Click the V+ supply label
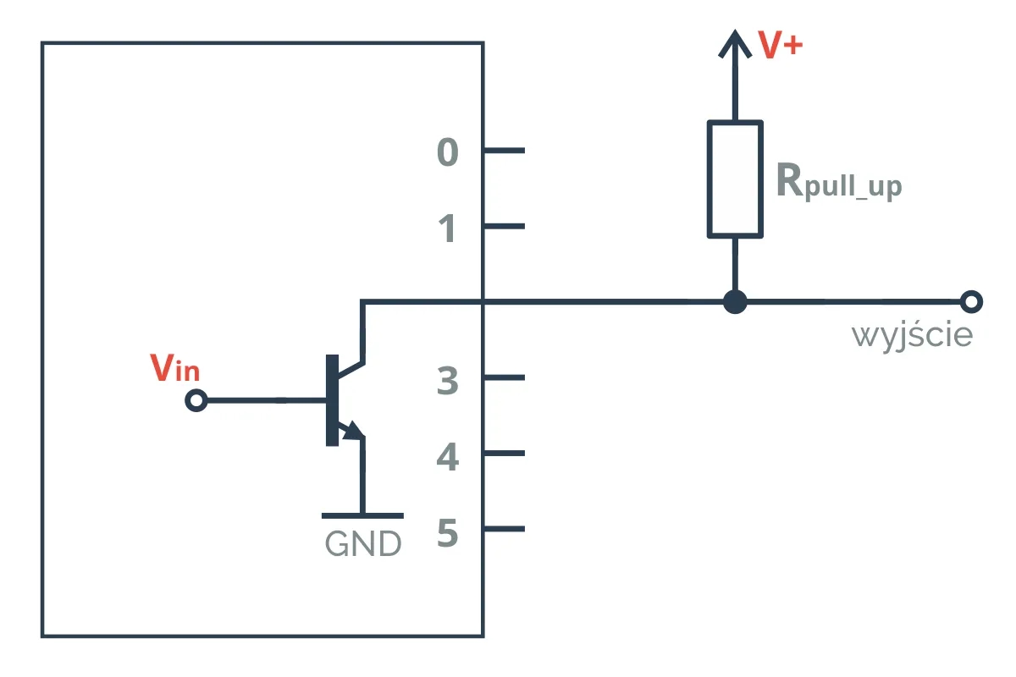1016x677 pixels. point(780,46)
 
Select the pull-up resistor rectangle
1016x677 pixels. point(735,179)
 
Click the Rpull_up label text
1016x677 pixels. point(838,181)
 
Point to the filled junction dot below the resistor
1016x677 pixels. point(735,301)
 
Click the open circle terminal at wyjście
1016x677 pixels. point(971,301)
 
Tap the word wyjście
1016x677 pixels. point(912,336)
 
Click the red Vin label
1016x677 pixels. point(174,368)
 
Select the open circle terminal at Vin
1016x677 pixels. point(196,400)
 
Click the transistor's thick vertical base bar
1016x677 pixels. point(331,400)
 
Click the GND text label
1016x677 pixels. point(362,544)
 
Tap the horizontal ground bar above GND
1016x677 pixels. point(362,515)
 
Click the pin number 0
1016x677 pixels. point(448,153)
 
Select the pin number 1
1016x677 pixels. point(448,229)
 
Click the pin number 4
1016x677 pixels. point(448,458)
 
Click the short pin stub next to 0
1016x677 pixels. point(505,151)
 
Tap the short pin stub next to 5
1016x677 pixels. point(505,529)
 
